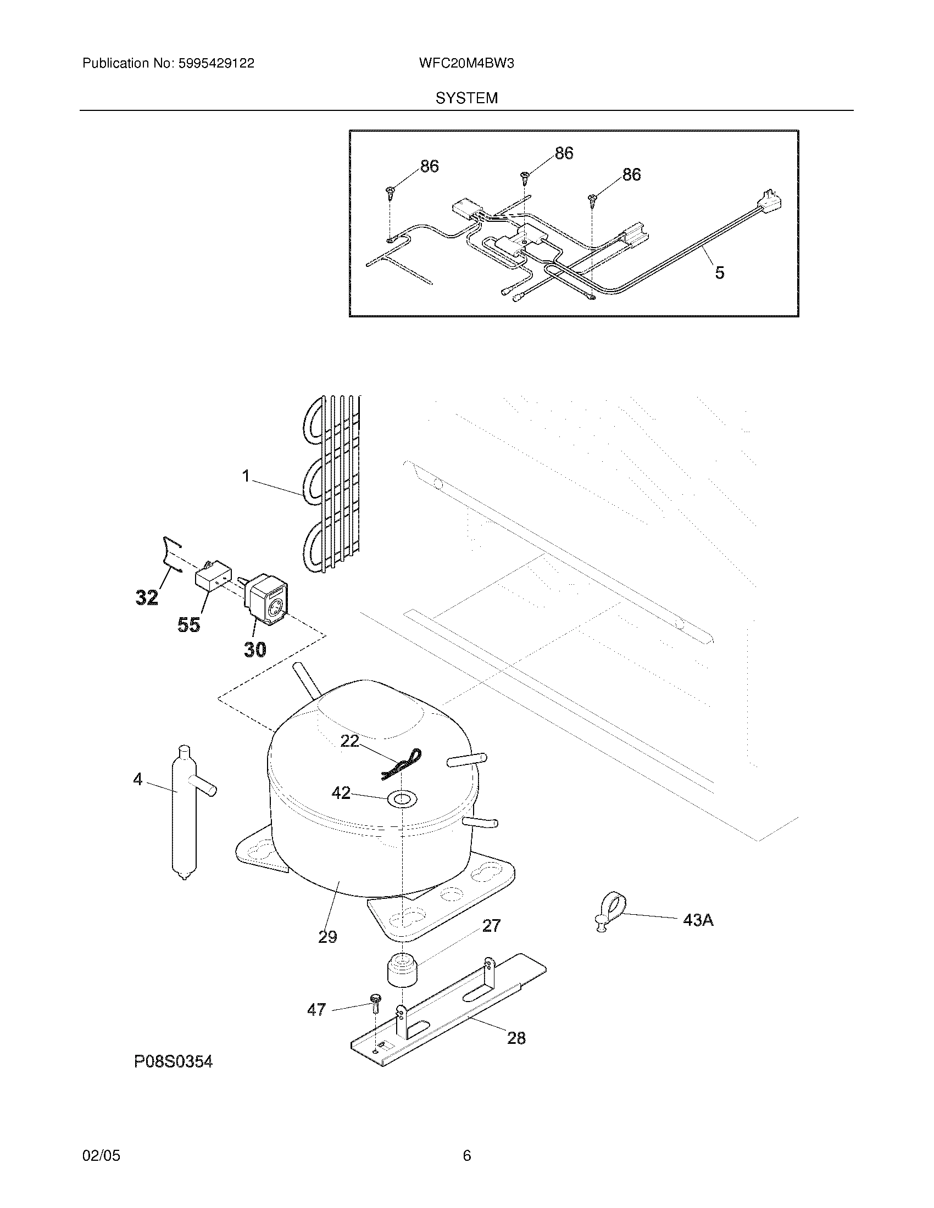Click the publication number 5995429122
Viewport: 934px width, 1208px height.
point(216,64)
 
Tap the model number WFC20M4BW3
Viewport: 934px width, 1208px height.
point(466,64)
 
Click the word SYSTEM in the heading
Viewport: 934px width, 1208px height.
point(466,98)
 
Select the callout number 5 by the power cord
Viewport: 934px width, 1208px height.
point(719,273)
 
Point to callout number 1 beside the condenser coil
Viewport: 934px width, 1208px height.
point(247,476)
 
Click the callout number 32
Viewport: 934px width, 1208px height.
point(147,597)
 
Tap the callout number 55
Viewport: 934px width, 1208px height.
point(188,625)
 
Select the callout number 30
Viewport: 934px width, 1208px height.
point(255,650)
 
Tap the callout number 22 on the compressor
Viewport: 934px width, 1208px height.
point(349,741)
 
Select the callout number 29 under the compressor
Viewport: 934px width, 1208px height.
point(327,937)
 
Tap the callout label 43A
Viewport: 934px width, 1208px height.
point(698,920)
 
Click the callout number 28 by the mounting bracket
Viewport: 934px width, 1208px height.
point(516,1038)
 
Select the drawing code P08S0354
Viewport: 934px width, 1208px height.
point(173,1062)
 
